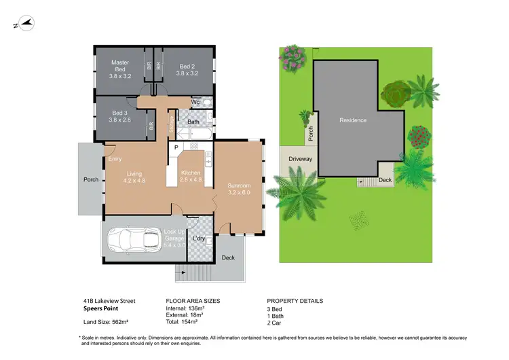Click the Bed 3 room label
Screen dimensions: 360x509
(x=121, y=116)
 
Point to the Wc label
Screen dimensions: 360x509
(x=195, y=102)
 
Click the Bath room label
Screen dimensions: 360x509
(x=193, y=122)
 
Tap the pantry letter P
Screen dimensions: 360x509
(x=176, y=147)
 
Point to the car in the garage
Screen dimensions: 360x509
(x=133, y=240)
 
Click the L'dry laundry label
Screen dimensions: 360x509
(x=199, y=238)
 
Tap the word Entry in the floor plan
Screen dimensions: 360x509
(x=115, y=160)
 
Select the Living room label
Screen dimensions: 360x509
(x=134, y=178)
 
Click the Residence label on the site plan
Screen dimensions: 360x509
(x=353, y=120)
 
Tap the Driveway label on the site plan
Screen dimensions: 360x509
(x=300, y=159)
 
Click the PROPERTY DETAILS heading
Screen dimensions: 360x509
(x=295, y=300)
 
